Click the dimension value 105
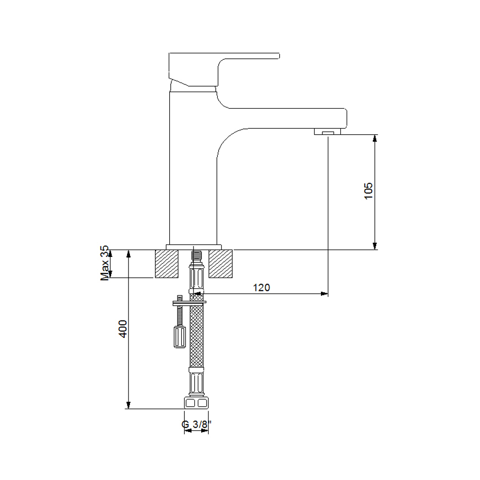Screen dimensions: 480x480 (x=368, y=191)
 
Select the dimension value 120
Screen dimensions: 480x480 (x=261, y=288)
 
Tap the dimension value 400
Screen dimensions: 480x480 (x=123, y=329)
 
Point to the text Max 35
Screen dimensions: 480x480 (x=105, y=263)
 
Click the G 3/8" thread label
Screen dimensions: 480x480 (x=196, y=424)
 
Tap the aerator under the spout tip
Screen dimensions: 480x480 (x=327, y=131)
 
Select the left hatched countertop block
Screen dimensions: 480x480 (x=166, y=264)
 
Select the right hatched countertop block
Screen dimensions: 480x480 (x=221, y=264)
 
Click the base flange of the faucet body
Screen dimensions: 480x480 (x=193, y=247)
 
